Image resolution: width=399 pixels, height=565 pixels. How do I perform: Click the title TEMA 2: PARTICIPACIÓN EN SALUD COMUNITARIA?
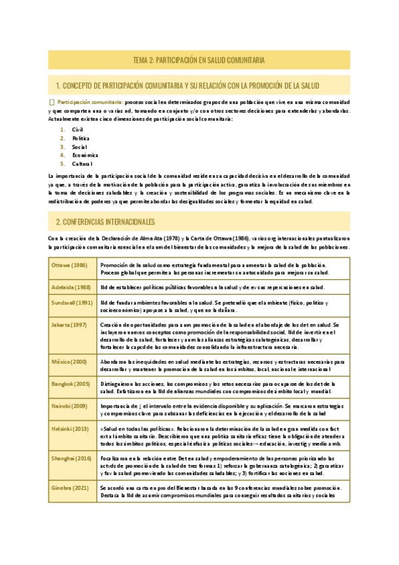pos(199,61)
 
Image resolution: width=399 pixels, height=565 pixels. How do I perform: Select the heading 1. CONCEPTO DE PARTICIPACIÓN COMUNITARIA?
pos(188,85)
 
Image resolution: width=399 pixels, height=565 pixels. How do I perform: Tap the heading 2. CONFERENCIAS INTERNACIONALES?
pos(105,221)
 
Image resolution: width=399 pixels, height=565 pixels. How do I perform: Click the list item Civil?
pos(78,129)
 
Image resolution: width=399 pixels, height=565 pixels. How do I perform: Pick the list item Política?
pos(81,137)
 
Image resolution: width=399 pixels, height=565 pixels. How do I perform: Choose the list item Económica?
pos(84,155)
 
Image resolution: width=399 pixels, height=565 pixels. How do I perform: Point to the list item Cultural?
pos(83,163)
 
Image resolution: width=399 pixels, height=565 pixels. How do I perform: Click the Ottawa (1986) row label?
pos(68,265)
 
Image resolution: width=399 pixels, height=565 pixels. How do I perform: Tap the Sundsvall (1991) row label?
pos(72,303)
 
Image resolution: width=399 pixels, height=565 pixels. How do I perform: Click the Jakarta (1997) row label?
pos(69,325)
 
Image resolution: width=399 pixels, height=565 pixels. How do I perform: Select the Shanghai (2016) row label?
pos(71,460)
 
